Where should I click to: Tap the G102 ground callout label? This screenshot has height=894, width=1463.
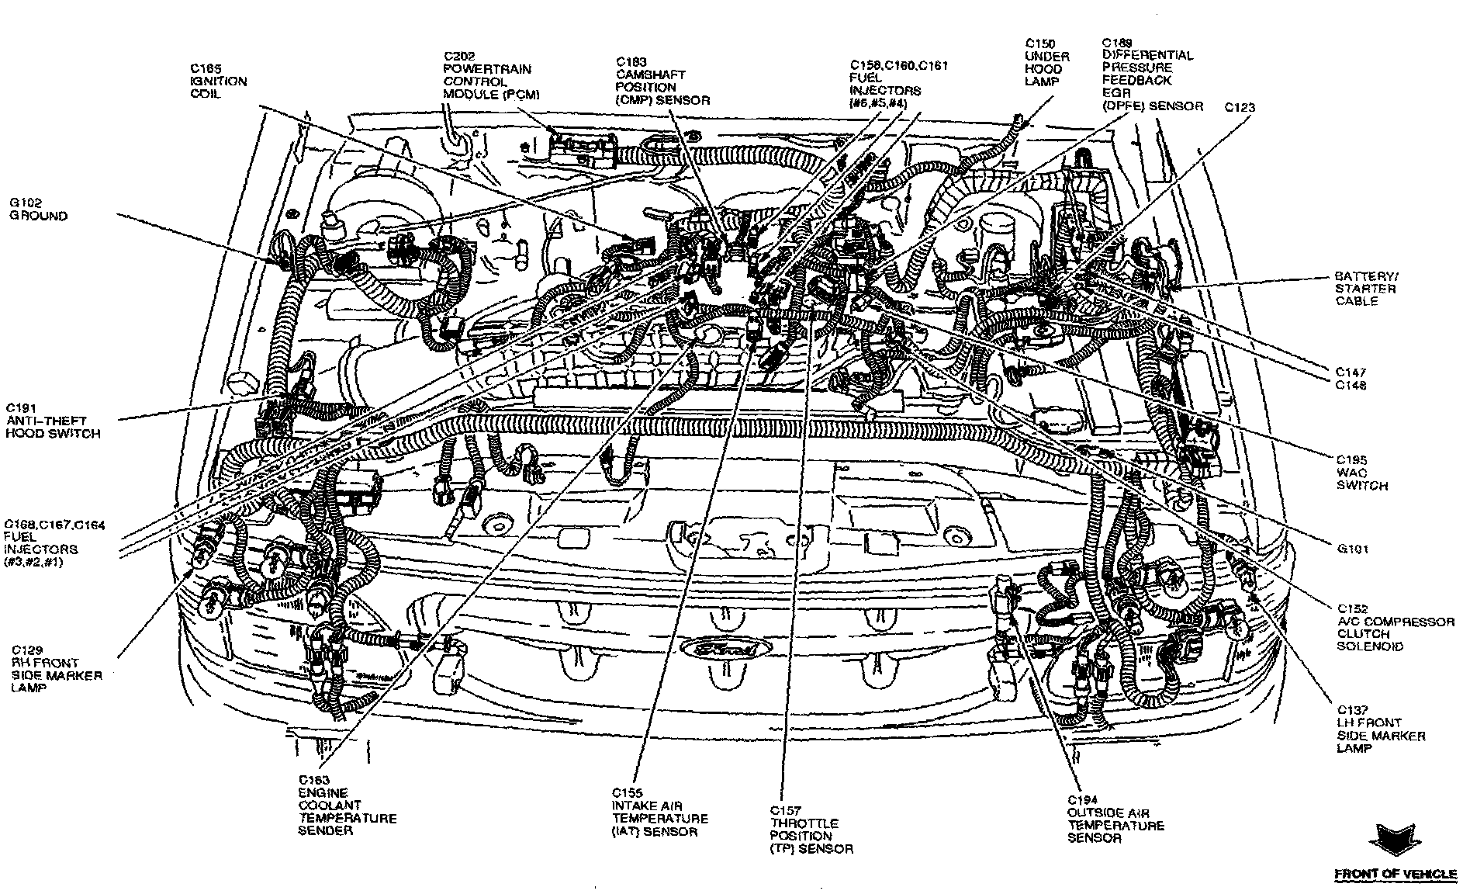(x=38, y=210)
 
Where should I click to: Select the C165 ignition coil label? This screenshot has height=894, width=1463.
(x=218, y=81)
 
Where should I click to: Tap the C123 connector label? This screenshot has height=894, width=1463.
(x=1240, y=107)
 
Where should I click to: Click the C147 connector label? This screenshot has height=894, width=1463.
(x=1351, y=372)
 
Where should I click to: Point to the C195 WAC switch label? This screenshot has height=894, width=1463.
(x=1361, y=473)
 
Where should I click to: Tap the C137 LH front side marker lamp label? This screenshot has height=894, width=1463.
(x=1380, y=729)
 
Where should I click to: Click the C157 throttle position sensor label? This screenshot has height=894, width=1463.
(x=811, y=830)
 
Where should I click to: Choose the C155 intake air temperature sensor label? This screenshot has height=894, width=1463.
(x=659, y=813)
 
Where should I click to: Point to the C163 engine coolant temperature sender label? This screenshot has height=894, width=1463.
(x=347, y=806)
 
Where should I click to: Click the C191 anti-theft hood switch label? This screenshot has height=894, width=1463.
(x=53, y=421)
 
